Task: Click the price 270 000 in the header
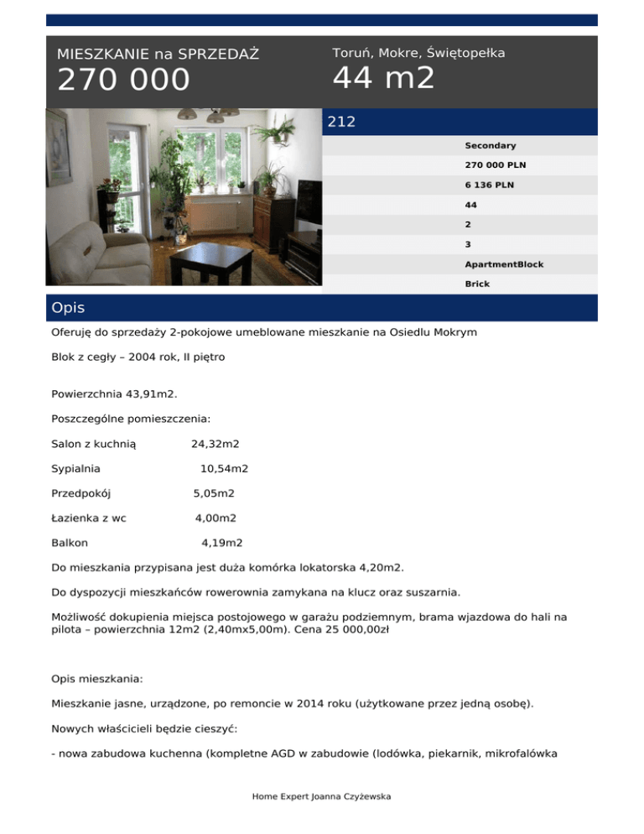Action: [x=123, y=81]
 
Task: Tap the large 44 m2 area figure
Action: [x=383, y=78]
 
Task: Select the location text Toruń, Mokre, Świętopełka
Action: [x=418, y=53]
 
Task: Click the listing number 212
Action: [x=341, y=122]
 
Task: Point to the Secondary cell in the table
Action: [x=490, y=146]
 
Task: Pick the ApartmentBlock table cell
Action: [x=504, y=264]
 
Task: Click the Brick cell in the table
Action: [x=477, y=284]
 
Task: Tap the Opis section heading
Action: [x=68, y=308]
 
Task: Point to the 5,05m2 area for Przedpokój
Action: [x=214, y=493]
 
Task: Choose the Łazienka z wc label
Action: [x=89, y=519]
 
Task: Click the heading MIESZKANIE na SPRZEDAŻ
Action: [x=158, y=55]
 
